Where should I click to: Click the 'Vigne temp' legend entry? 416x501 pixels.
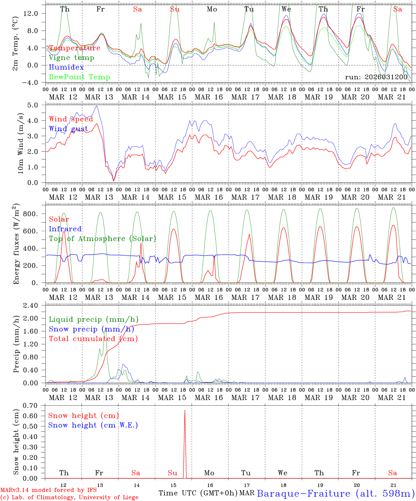tap(71, 58)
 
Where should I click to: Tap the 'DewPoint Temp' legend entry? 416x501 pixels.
tap(79, 77)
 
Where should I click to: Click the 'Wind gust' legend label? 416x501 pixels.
tap(68, 129)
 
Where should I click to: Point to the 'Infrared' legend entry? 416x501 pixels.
tap(65, 229)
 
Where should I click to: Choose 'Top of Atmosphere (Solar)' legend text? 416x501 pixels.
tap(102, 239)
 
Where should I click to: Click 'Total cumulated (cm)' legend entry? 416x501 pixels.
tap(93, 339)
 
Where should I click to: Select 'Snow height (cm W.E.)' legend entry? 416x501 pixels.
tap(93, 425)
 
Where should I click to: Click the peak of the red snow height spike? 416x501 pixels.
tap(185, 411)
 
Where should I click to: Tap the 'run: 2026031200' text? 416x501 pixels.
tap(376, 77)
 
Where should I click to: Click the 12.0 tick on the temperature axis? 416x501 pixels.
tap(35, 13)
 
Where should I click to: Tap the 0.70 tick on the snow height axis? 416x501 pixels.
tap(34, 405)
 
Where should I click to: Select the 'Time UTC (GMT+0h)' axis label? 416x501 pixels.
tap(198, 493)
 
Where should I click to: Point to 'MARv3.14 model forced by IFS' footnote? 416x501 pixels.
tap(48, 490)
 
